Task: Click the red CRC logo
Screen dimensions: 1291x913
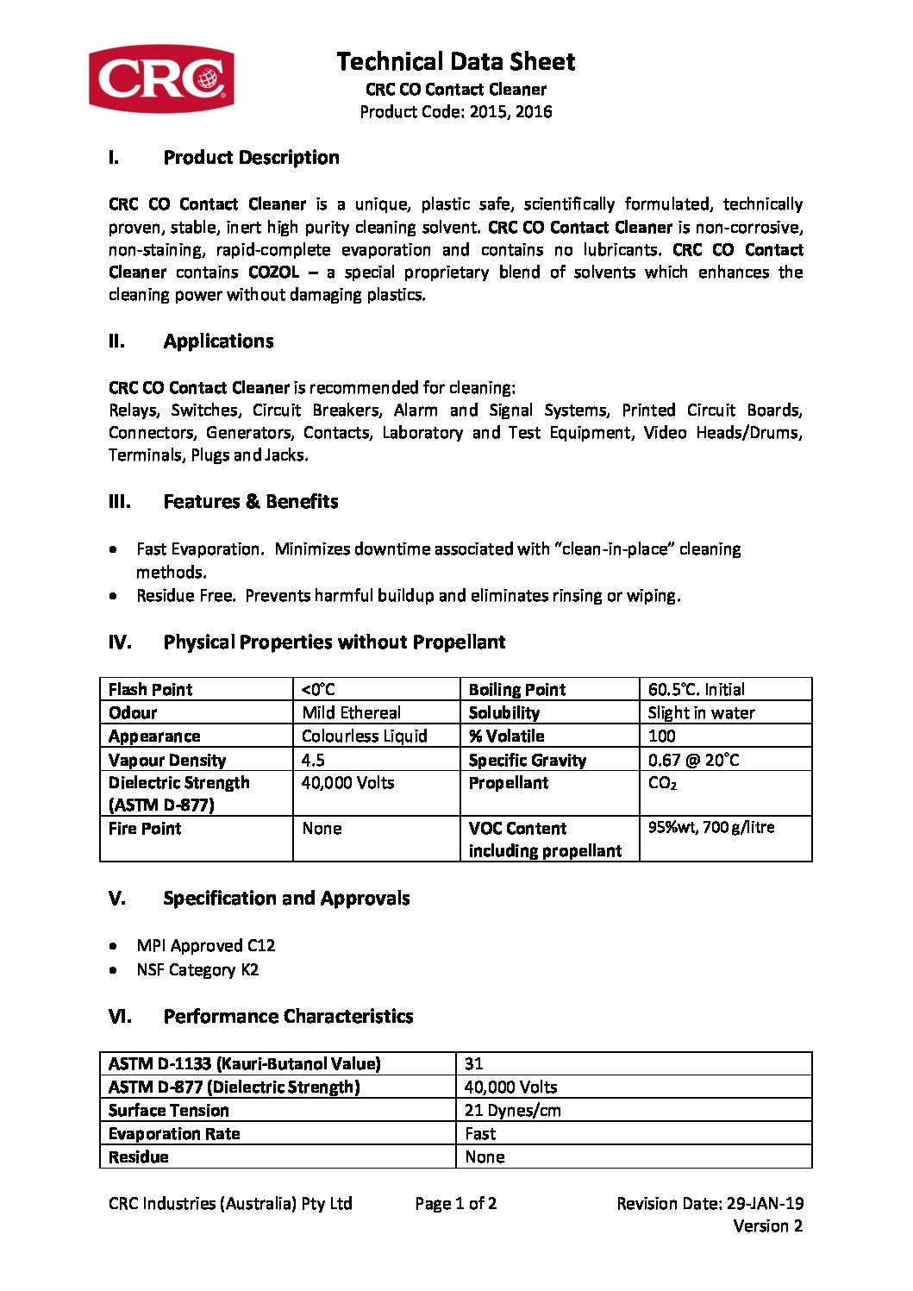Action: point(161,78)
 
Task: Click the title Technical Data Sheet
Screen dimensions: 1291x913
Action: point(455,62)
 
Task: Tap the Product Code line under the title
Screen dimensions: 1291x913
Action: point(455,111)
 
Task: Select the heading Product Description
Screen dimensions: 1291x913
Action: point(251,158)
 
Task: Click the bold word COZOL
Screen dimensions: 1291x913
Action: point(273,273)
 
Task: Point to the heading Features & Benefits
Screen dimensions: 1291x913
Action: point(250,502)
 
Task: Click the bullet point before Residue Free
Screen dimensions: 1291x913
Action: point(114,596)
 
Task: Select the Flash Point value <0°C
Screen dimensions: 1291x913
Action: point(318,689)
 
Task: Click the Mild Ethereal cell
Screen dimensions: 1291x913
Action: point(351,712)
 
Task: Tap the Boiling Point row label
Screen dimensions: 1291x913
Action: point(516,689)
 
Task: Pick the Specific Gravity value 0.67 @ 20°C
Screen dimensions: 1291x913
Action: point(693,760)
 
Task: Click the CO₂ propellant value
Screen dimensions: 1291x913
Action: point(662,783)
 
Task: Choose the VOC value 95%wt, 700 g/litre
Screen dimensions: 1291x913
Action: point(711,827)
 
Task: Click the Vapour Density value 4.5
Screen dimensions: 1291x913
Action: point(313,760)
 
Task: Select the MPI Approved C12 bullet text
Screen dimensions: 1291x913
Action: point(205,945)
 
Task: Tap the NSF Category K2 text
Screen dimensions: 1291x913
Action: point(197,969)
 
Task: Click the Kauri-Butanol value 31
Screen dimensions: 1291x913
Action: point(473,1063)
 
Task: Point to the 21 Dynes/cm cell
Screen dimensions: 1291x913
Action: point(512,1110)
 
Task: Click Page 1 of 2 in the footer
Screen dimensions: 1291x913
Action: point(455,1203)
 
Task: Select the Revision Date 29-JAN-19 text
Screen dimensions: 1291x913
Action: point(710,1203)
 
